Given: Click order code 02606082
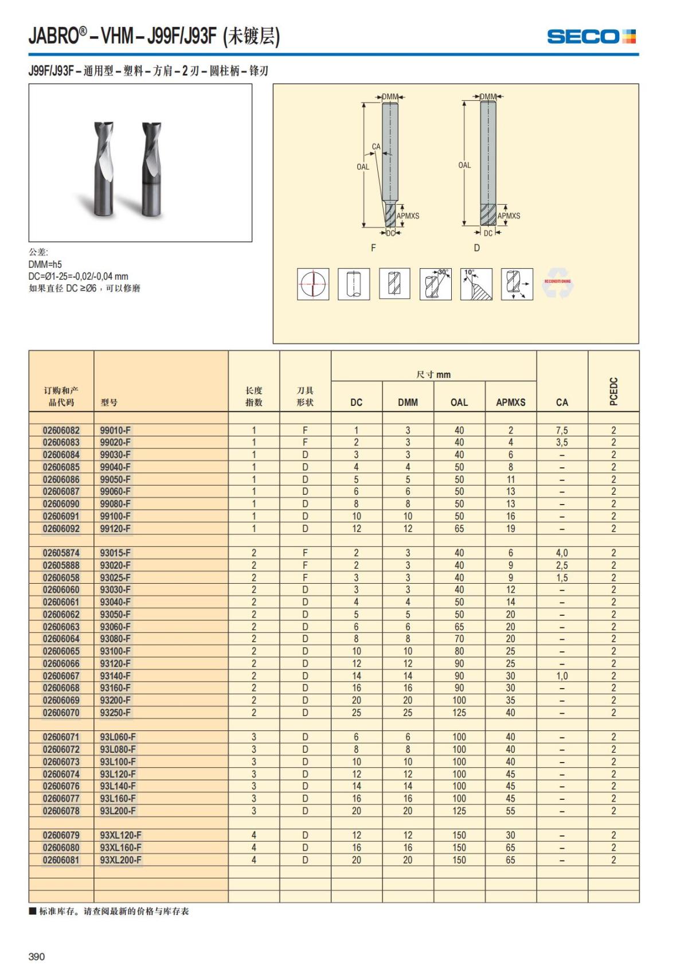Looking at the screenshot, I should (x=61, y=430).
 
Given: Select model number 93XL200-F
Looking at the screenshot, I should (x=120, y=860).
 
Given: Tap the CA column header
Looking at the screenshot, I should (x=562, y=402).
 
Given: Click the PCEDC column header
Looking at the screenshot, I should (x=613, y=391).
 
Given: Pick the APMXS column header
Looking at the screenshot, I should (x=510, y=402).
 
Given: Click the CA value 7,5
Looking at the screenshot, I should (x=562, y=430).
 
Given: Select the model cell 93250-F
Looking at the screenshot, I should (x=115, y=713).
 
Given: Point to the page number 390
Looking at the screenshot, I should (x=36, y=956).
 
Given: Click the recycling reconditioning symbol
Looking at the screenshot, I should (x=557, y=283).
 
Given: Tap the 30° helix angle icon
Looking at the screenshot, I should (x=436, y=284).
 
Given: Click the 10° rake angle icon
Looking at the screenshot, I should (x=476, y=284).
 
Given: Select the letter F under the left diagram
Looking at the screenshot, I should (x=374, y=248).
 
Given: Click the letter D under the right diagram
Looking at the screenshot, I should (x=476, y=248).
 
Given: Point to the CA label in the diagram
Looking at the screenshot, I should (x=376, y=147).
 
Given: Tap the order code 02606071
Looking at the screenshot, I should (x=61, y=737).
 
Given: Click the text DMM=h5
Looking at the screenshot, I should (x=45, y=264).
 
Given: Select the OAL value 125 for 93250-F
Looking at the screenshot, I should (x=459, y=713).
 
